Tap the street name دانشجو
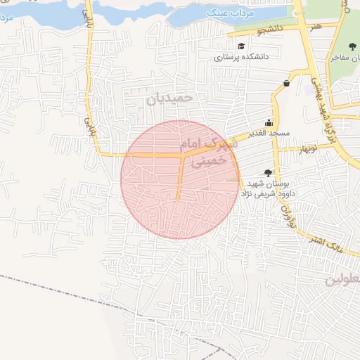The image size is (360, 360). click(x=251, y=31)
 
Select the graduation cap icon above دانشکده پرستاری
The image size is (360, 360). click(x=240, y=46)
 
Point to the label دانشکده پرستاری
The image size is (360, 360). click(x=240, y=57)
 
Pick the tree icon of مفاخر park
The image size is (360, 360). click(x=352, y=46)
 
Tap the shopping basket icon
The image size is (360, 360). click(x=286, y=83)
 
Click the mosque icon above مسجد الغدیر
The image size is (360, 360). click(x=268, y=122)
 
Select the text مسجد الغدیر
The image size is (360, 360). click(x=267, y=133)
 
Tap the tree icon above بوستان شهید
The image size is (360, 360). click(x=268, y=172)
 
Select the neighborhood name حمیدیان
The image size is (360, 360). click(x=169, y=98)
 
